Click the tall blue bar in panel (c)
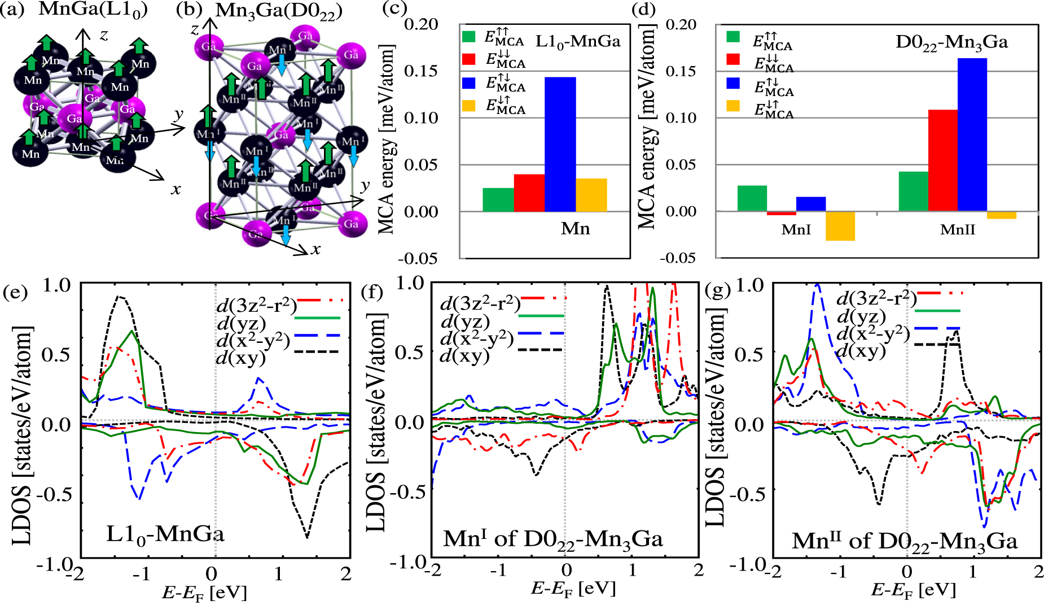pyautogui.click(x=560, y=144)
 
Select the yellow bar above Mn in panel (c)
pyautogui.click(x=591, y=195)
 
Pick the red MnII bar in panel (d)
pyautogui.click(x=943, y=160)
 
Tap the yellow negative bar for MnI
pyautogui.click(x=840, y=226)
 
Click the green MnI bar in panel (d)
pyautogui.click(x=752, y=198)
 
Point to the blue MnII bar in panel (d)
pyautogui.click(x=972, y=134)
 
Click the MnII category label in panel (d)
pyautogui.click(x=957, y=230)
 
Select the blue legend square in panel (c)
pyautogui.click(x=469, y=82)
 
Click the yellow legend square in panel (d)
pyautogui.click(x=733, y=106)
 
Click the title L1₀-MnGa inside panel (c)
pyautogui.click(x=577, y=41)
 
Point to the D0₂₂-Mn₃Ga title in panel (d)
pyautogui.click(x=951, y=42)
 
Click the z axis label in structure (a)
pyautogui.click(x=104, y=35)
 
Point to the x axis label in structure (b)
pyautogui.click(x=316, y=249)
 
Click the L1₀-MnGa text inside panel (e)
pyautogui.click(x=165, y=534)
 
